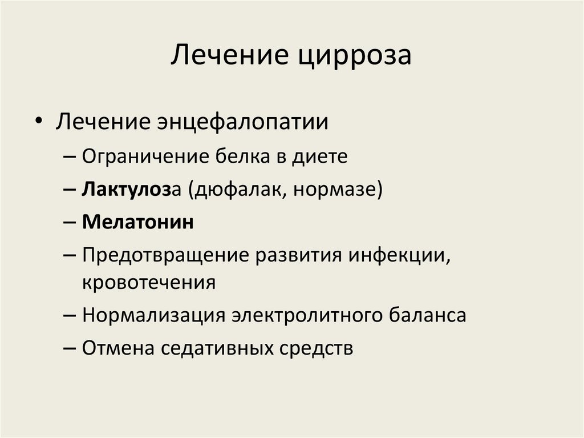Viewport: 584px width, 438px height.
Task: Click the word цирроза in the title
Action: coord(354,55)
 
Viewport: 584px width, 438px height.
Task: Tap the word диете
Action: coord(321,156)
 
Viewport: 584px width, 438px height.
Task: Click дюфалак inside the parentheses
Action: coord(244,190)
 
